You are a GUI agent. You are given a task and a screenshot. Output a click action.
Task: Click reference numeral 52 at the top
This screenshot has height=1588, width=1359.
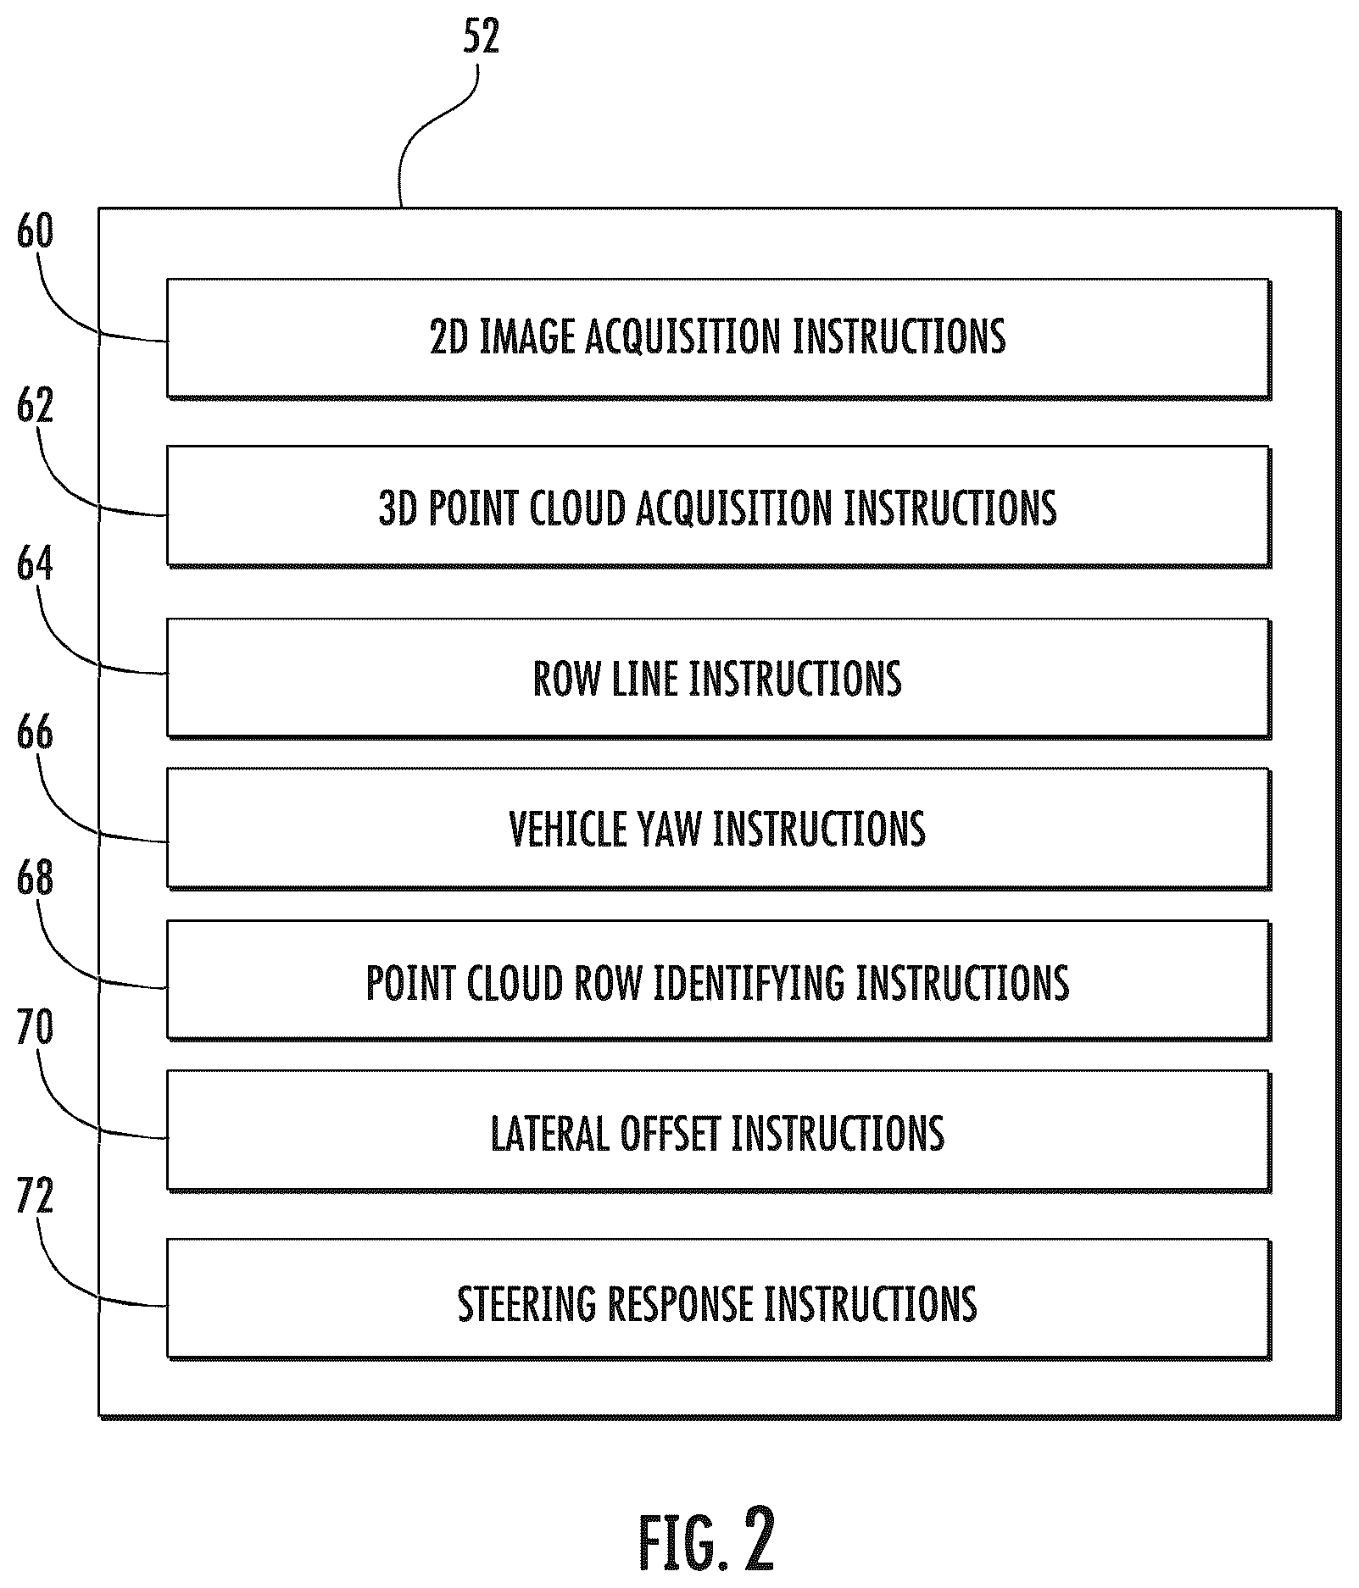click(481, 36)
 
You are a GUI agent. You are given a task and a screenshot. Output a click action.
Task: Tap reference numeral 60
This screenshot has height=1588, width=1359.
click(35, 231)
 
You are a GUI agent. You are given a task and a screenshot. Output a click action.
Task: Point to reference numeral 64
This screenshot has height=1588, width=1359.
click(35, 564)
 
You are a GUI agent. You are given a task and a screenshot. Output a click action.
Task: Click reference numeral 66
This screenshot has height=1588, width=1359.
click(35, 732)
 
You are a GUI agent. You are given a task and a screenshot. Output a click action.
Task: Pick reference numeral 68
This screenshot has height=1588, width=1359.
click(35, 878)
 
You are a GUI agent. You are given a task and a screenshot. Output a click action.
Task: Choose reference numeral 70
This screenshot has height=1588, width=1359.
click(35, 1026)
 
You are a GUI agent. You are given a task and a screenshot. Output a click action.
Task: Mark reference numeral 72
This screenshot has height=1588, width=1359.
click(35, 1196)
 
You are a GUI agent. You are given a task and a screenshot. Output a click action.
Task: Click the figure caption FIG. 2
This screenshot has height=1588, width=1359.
click(706, 1538)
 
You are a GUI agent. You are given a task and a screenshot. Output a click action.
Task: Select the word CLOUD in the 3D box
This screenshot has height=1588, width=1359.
click(576, 508)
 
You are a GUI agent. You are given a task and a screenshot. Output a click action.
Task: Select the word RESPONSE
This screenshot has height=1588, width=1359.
click(680, 1303)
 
